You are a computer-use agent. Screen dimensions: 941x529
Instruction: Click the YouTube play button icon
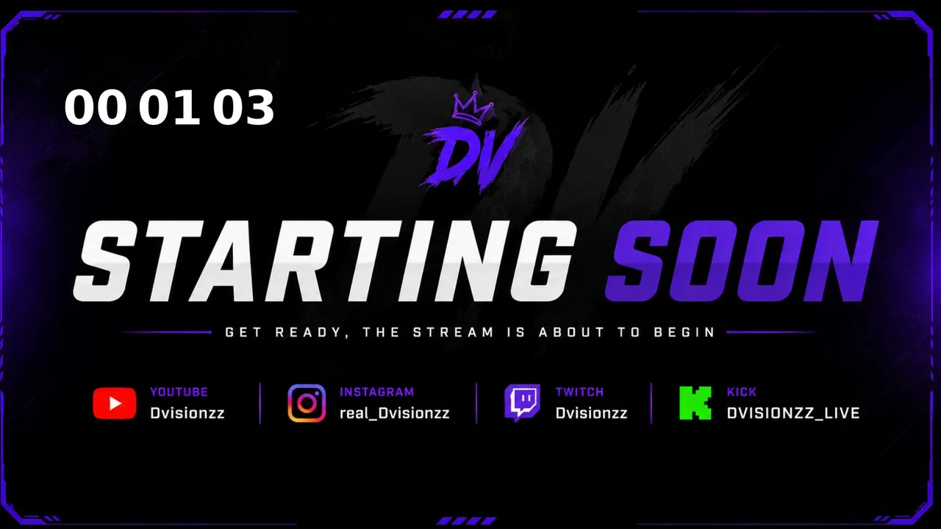[x=114, y=403]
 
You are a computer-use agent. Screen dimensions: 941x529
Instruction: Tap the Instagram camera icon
[x=307, y=403]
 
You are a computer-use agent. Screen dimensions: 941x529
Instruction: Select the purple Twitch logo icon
[x=522, y=403]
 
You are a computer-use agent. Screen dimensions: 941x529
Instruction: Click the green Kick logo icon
[x=695, y=403]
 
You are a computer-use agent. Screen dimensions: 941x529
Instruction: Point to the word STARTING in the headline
[x=323, y=261]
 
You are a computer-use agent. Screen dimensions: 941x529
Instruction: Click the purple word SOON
[x=742, y=261]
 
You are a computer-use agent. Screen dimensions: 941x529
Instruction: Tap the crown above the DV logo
[x=472, y=107]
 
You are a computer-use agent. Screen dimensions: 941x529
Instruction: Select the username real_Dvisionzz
[x=395, y=414]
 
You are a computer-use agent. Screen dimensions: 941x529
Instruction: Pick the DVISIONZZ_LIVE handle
[x=793, y=414]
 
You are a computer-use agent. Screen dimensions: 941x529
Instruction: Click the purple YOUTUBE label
[x=179, y=392]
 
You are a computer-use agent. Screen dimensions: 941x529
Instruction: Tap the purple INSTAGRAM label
[x=377, y=392]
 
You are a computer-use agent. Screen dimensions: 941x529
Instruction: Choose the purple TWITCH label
[x=579, y=392]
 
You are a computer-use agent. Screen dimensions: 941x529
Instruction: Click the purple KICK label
[x=742, y=392]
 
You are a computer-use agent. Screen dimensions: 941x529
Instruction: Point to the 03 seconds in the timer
[x=243, y=107]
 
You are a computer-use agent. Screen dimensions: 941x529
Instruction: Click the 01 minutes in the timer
[x=169, y=107]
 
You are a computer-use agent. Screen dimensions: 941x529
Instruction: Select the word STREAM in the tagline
[x=454, y=333]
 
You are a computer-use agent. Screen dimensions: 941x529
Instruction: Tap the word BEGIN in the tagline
[x=684, y=333]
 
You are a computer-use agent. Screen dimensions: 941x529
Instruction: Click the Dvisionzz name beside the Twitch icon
[x=592, y=414]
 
